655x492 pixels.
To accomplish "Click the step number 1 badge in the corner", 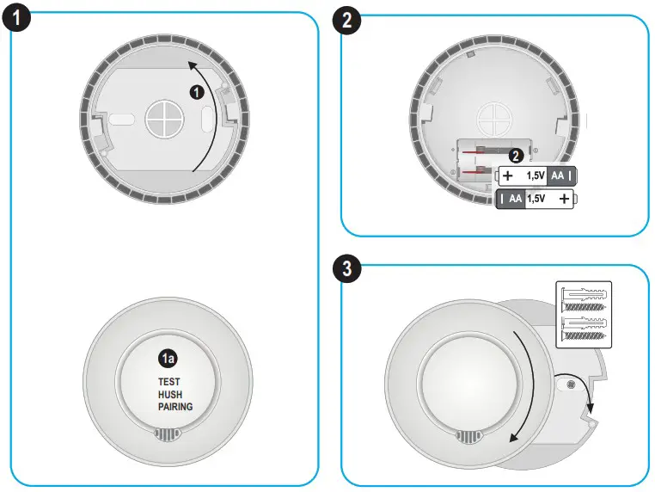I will coord(19,20).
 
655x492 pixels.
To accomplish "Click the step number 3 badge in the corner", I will coord(346,270).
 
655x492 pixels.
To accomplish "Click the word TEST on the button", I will coord(170,381).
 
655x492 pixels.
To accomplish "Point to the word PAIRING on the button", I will coord(175,407).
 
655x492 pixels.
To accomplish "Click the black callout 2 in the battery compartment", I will coord(516,157).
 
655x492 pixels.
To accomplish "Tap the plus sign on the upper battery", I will coord(508,175).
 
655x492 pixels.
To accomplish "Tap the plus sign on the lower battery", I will coord(564,199).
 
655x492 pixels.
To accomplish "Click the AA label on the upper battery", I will coord(556,175).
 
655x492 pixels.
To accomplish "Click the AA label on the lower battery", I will coord(516,199).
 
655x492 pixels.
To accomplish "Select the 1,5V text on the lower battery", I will coord(536,199).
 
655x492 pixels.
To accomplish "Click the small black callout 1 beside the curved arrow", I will coord(196,89).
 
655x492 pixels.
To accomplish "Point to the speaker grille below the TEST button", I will coord(168,435).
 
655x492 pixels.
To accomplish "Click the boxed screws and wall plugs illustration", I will coord(583,315).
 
